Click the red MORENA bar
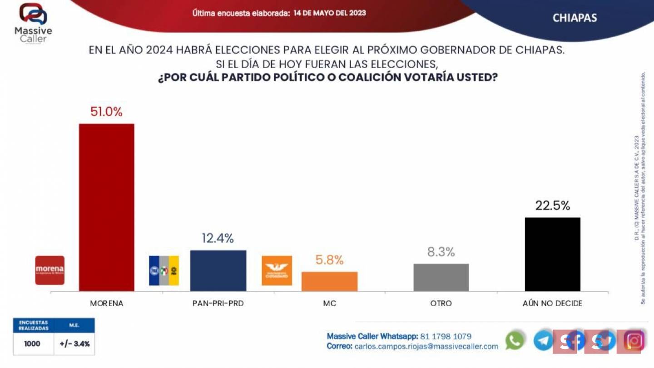pyautogui.click(x=107, y=207)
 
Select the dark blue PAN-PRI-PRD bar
pyautogui.click(x=218, y=270)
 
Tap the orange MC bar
pyautogui.click(x=329, y=281)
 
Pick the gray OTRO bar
pyautogui.click(x=441, y=277)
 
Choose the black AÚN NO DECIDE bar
pyautogui.click(x=552, y=254)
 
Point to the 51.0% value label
pyautogui.click(x=106, y=112)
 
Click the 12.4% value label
pyautogui.click(x=218, y=238)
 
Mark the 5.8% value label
pyautogui.click(x=329, y=260)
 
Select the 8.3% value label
pyautogui.click(x=441, y=252)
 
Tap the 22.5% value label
pyautogui.click(x=552, y=206)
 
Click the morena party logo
pyautogui.click(x=50, y=270)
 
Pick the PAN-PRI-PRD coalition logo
pyautogui.click(x=164, y=270)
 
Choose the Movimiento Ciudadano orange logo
pyautogui.click(x=277, y=270)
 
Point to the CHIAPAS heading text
pyautogui.click(x=575, y=18)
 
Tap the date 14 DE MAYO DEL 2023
pyautogui.click(x=330, y=13)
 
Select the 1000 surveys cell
pyautogui.click(x=32, y=344)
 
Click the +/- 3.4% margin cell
pyautogui.click(x=74, y=344)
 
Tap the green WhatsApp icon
pyautogui.click(x=515, y=340)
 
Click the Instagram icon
pyautogui.click(x=634, y=340)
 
